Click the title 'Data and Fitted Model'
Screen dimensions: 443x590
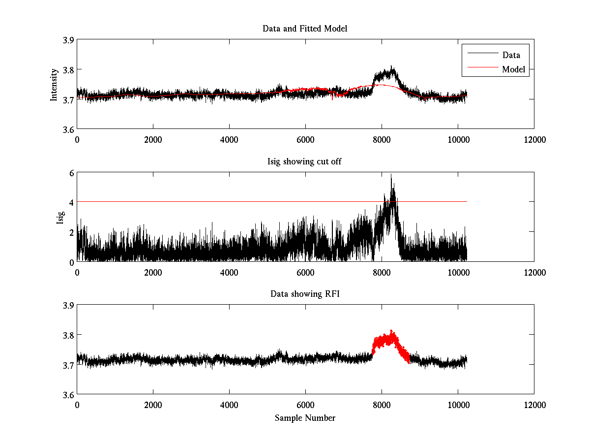coord(305,29)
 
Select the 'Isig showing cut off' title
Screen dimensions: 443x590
coord(305,161)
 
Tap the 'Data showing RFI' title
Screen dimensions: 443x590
coord(305,294)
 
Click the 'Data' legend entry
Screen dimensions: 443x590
coord(511,55)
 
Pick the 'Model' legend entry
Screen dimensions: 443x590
coord(513,69)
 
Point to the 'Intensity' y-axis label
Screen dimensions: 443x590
coord(54,84)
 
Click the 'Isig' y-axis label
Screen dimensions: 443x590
coord(60,217)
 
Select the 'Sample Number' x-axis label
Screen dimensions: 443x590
coord(305,418)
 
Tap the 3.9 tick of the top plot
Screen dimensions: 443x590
coord(68,40)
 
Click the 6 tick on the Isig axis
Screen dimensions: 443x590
coord(71,173)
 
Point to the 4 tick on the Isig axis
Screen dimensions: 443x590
coord(71,202)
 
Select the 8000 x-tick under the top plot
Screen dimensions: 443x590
coord(382,139)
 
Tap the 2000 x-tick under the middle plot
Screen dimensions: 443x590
coord(153,272)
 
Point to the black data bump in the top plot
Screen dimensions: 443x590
coord(386,75)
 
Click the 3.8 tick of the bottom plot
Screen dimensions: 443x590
coord(68,335)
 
